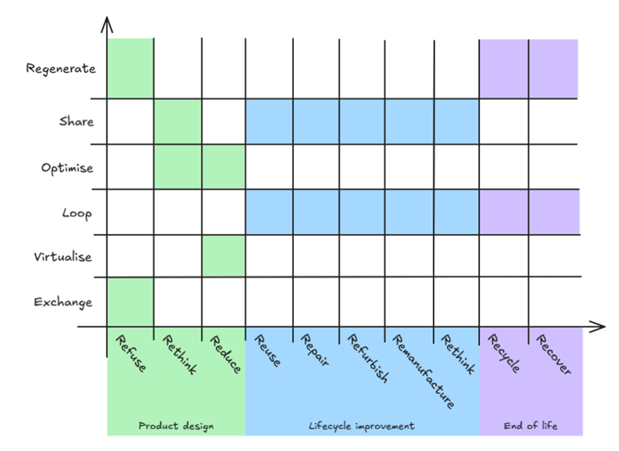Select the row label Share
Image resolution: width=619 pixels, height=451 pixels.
[76, 122]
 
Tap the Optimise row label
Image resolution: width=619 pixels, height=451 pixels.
[67, 168]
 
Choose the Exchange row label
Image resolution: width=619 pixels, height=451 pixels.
[63, 302]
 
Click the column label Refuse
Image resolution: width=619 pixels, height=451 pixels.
[131, 354]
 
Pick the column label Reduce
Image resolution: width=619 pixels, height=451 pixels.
[225, 354]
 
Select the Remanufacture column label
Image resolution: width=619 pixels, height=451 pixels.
[422, 371]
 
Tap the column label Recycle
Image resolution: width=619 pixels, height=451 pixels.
[504, 354]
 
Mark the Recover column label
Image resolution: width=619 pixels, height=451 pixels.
[553, 354]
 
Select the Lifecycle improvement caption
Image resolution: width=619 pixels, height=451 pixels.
[362, 426]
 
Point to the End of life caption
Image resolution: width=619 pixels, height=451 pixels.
[531, 426]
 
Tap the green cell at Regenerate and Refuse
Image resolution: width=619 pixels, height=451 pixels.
[130, 69]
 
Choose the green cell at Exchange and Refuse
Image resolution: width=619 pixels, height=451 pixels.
[130, 302]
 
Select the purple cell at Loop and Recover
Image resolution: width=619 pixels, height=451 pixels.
[553, 212]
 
